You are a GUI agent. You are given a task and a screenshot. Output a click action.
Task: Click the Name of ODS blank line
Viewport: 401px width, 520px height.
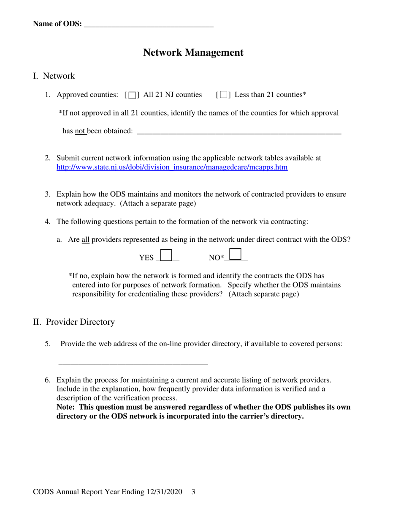[x=149, y=25]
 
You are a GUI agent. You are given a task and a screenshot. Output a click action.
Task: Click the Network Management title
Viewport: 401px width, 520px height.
[x=193, y=52]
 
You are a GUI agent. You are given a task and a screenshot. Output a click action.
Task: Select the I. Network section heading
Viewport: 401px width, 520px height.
[x=54, y=76]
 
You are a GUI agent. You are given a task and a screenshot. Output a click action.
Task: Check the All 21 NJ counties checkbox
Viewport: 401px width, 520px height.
[x=132, y=95]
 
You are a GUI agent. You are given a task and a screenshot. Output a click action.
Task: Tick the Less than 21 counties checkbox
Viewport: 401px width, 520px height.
[x=223, y=95]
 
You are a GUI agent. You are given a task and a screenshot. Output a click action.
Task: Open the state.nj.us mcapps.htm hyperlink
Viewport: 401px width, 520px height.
[x=172, y=167]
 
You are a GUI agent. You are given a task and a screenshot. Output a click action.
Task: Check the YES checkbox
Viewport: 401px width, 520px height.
[x=167, y=255]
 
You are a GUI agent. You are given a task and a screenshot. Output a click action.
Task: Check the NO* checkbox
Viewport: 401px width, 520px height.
[x=236, y=254]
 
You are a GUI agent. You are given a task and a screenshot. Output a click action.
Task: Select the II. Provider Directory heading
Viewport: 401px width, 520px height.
[x=74, y=322]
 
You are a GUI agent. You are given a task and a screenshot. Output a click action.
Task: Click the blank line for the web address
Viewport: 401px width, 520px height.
[x=133, y=362]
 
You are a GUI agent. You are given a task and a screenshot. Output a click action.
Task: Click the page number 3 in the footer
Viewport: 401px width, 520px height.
[x=193, y=492]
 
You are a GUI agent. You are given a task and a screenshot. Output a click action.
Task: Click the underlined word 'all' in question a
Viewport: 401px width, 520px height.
[x=85, y=240]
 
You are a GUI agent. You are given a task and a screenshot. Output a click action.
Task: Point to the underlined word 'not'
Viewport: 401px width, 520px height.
[x=80, y=131]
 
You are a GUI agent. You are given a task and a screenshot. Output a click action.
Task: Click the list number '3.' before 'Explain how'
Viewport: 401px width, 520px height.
[x=48, y=194]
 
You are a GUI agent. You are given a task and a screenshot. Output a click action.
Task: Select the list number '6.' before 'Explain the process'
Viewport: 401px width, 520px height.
[x=48, y=380]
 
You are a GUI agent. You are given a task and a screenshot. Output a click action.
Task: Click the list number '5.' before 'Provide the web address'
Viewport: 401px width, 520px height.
[x=48, y=344]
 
